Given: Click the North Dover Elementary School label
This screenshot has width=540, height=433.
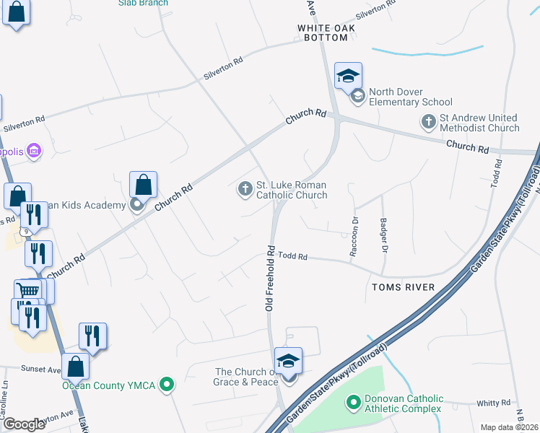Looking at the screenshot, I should [x=410, y=97].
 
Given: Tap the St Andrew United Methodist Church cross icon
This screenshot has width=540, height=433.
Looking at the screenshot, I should [x=429, y=121].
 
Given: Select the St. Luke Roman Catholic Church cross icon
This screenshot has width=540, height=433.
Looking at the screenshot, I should [x=245, y=189].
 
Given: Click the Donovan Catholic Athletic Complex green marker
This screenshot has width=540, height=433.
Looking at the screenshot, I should [x=354, y=402].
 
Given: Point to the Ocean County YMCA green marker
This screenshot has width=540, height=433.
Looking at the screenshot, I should [x=167, y=385].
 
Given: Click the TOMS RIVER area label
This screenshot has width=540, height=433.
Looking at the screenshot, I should [x=403, y=287].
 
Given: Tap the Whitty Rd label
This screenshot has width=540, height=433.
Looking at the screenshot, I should [x=495, y=402].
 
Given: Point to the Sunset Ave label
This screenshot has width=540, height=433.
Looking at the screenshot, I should [x=40, y=369].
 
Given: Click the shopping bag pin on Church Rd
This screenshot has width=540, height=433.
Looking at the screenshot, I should [x=144, y=185].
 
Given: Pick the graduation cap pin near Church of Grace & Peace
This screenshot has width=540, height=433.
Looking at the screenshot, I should [x=288, y=361].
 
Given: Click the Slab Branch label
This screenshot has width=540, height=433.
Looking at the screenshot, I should [x=144, y=3].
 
